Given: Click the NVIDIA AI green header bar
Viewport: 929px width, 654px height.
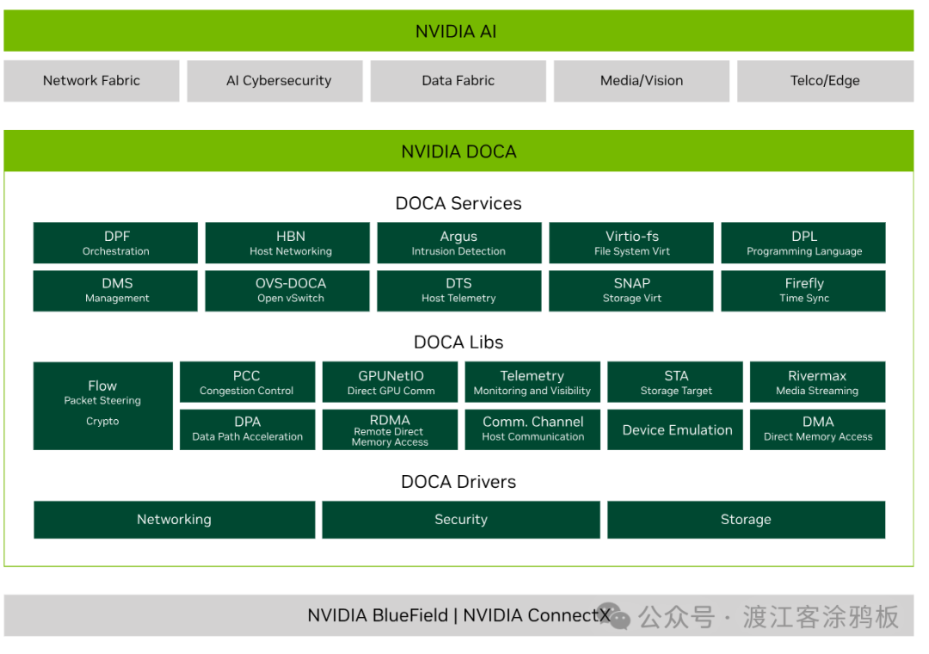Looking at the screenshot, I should [458, 32].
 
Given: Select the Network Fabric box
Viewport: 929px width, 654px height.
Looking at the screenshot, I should [91, 81].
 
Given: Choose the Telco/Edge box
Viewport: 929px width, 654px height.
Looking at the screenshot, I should [824, 81].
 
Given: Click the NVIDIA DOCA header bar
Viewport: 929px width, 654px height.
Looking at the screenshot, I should [458, 151].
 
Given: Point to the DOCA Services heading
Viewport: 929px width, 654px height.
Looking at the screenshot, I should [458, 203].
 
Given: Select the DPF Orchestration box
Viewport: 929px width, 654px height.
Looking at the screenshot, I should [115, 243].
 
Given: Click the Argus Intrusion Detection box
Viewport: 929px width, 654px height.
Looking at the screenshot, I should [458, 243].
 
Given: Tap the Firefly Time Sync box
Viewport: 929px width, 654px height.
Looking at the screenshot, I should [803, 290].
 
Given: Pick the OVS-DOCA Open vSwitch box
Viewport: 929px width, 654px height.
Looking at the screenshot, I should [286, 290].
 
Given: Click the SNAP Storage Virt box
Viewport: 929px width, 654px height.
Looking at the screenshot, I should [631, 290].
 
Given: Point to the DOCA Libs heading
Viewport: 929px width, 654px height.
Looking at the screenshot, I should [458, 342].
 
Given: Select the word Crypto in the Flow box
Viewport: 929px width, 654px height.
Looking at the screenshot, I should [102, 422].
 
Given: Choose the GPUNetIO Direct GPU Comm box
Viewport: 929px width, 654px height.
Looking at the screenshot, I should [391, 382].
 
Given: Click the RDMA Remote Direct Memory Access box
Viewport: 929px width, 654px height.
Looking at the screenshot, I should [391, 429].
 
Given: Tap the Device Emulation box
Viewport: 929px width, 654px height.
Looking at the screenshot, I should [676, 429].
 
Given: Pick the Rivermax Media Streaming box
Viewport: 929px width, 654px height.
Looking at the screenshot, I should [817, 382].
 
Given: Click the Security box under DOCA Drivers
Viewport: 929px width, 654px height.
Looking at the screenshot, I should [460, 520].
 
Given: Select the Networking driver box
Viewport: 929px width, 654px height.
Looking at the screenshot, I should [174, 520].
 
